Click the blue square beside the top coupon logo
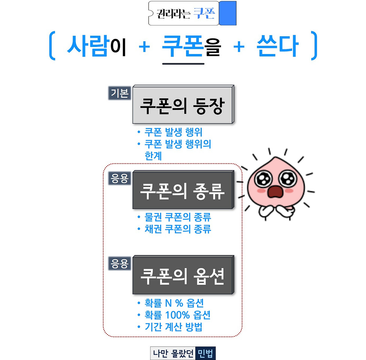pyautogui.click(x=228, y=13)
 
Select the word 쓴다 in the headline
pyautogui.click(x=278, y=46)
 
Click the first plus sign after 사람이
pyautogui.click(x=144, y=47)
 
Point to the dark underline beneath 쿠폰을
pyautogui.click(x=183, y=64)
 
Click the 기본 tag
pyautogui.click(x=120, y=93)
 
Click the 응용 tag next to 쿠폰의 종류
pyautogui.click(x=120, y=178)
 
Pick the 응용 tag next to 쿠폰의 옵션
pyautogui.click(x=120, y=264)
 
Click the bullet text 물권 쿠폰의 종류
pyautogui.click(x=178, y=217)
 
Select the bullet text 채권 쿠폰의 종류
pyautogui.click(x=178, y=229)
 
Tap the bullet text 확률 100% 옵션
pyautogui.click(x=178, y=315)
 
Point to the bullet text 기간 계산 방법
pyautogui.click(x=174, y=327)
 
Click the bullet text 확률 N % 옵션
pyautogui.click(x=174, y=303)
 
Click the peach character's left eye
pyautogui.click(x=262, y=179)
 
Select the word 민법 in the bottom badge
pyautogui.click(x=205, y=354)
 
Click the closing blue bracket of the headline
pyautogui.click(x=314, y=46)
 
